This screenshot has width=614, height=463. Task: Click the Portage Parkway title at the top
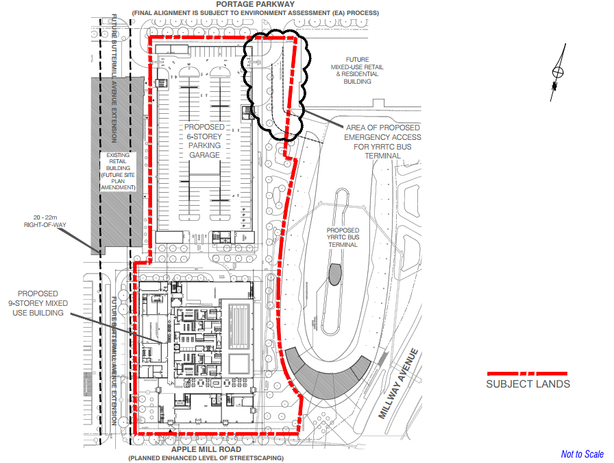click(x=255, y=4)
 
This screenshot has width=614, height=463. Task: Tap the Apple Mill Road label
click(x=206, y=449)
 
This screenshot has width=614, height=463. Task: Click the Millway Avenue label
click(x=398, y=383)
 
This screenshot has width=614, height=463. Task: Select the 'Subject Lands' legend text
click(x=528, y=384)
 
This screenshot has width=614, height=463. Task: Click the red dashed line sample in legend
click(x=527, y=374)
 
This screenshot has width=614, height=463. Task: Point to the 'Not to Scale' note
click(x=582, y=454)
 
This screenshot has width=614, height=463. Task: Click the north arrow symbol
click(x=558, y=73)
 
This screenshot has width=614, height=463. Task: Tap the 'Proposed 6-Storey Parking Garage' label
click(x=204, y=141)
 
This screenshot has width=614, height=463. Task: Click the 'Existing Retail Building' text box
click(x=118, y=171)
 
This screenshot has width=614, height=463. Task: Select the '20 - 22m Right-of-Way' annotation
click(x=45, y=221)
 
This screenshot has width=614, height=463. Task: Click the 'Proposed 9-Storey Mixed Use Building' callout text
click(x=38, y=303)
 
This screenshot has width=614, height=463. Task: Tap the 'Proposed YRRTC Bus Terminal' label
click(x=343, y=237)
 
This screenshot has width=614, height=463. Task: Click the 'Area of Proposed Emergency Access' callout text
click(x=382, y=141)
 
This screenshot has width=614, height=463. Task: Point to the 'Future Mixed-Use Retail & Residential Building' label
click(x=357, y=71)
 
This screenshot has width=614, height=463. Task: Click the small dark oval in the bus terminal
click(x=335, y=274)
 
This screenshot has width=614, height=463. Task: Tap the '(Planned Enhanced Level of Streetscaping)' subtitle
click(x=206, y=458)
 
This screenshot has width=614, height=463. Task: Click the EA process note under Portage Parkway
click(x=256, y=13)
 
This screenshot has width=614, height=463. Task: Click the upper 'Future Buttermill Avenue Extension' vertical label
click(x=114, y=78)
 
